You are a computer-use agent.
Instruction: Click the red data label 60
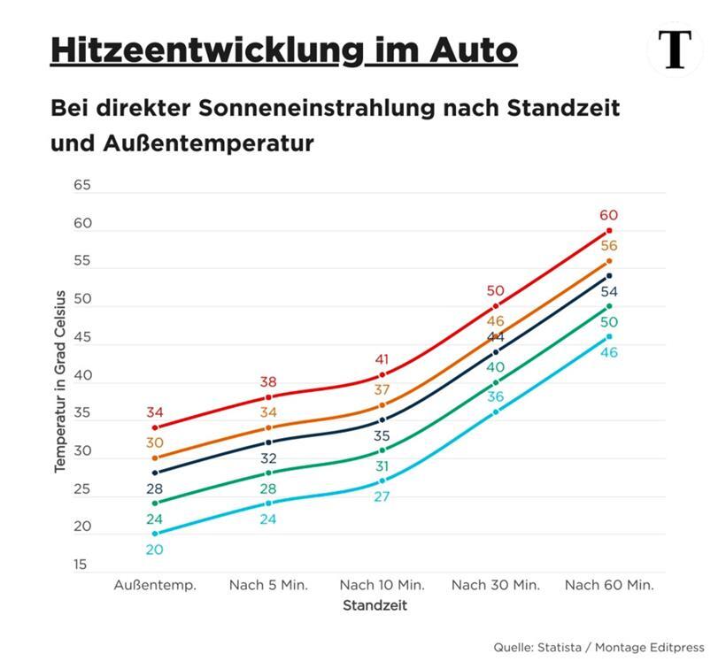click(x=608, y=215)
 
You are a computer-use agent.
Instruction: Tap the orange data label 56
click(x=608, y=246)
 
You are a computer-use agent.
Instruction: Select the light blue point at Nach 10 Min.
click(x=382, y=481)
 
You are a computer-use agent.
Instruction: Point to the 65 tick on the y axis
click(x=82, y=186)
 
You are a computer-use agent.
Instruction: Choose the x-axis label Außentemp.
click(x=155, y=585)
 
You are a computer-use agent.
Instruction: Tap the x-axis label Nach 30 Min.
click(x=495, y=585)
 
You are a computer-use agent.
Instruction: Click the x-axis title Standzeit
click(x=375, y=606)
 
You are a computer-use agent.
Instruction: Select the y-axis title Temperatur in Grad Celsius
click(x=60, y=381)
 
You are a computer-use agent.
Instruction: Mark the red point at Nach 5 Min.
click(x=268, y=397)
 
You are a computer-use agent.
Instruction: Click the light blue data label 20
click(x=155, y=550)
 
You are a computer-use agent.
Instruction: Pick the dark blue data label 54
click(x=608, y=292)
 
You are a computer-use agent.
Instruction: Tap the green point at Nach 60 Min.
click(x=608, y=306)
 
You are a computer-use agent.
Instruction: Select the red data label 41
click(x=382, y=359)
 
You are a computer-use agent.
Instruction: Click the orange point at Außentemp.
click(x=155, y=458)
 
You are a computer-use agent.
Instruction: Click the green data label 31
click(x=382, y=466)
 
